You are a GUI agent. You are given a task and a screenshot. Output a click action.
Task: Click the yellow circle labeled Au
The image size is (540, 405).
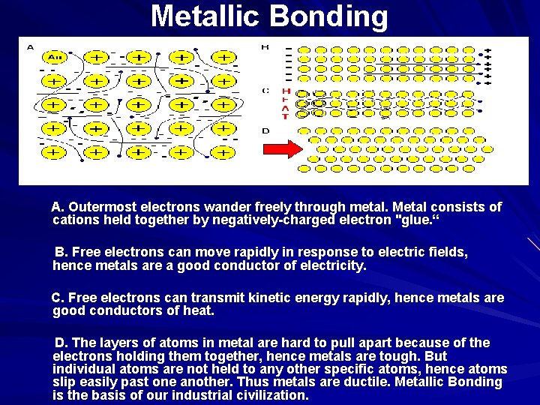coord(55,57)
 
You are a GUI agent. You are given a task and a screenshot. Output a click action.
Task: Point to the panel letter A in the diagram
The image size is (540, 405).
coord(30,47)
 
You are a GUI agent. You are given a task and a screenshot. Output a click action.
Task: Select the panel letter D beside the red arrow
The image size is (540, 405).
coord(265,131)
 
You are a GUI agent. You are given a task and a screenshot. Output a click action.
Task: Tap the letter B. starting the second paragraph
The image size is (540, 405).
coord(61,252)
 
